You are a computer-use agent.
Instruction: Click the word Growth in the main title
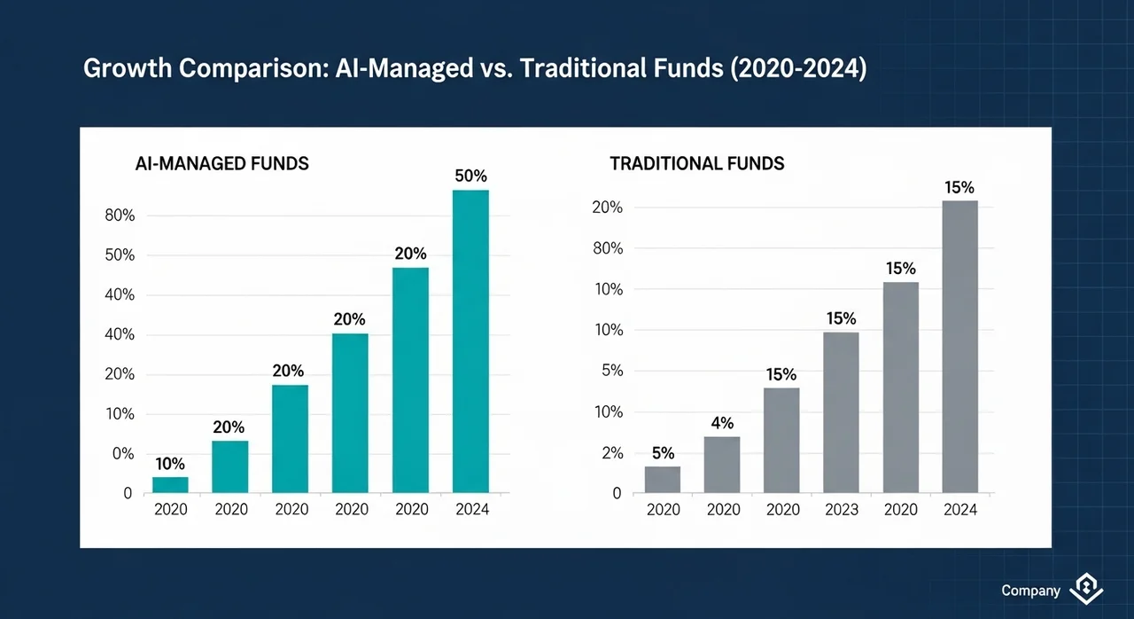128,68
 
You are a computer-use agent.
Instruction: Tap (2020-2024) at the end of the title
798,68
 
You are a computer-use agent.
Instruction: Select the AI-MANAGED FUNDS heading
221,163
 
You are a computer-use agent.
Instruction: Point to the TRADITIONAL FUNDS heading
697,163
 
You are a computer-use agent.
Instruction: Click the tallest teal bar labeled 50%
470,341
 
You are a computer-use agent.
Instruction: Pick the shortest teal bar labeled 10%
170,485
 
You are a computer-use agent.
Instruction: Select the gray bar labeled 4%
722,465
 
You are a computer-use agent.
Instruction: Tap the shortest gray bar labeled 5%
663,480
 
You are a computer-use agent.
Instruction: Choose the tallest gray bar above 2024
959,347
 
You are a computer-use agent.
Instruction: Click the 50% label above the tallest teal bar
470,176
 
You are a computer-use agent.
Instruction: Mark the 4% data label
722,423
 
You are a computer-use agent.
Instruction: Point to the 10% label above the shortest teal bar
170,464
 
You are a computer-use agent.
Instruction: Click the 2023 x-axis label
842,509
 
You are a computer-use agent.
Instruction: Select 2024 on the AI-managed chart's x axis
472,509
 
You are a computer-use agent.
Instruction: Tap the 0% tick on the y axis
123,453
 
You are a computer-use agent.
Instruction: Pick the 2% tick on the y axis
612,453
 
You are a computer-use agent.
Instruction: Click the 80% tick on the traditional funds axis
608,248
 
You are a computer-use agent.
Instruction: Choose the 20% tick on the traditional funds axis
608,208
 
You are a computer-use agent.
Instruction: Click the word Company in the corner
1030,591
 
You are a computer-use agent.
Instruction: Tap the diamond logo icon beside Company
1086,589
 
